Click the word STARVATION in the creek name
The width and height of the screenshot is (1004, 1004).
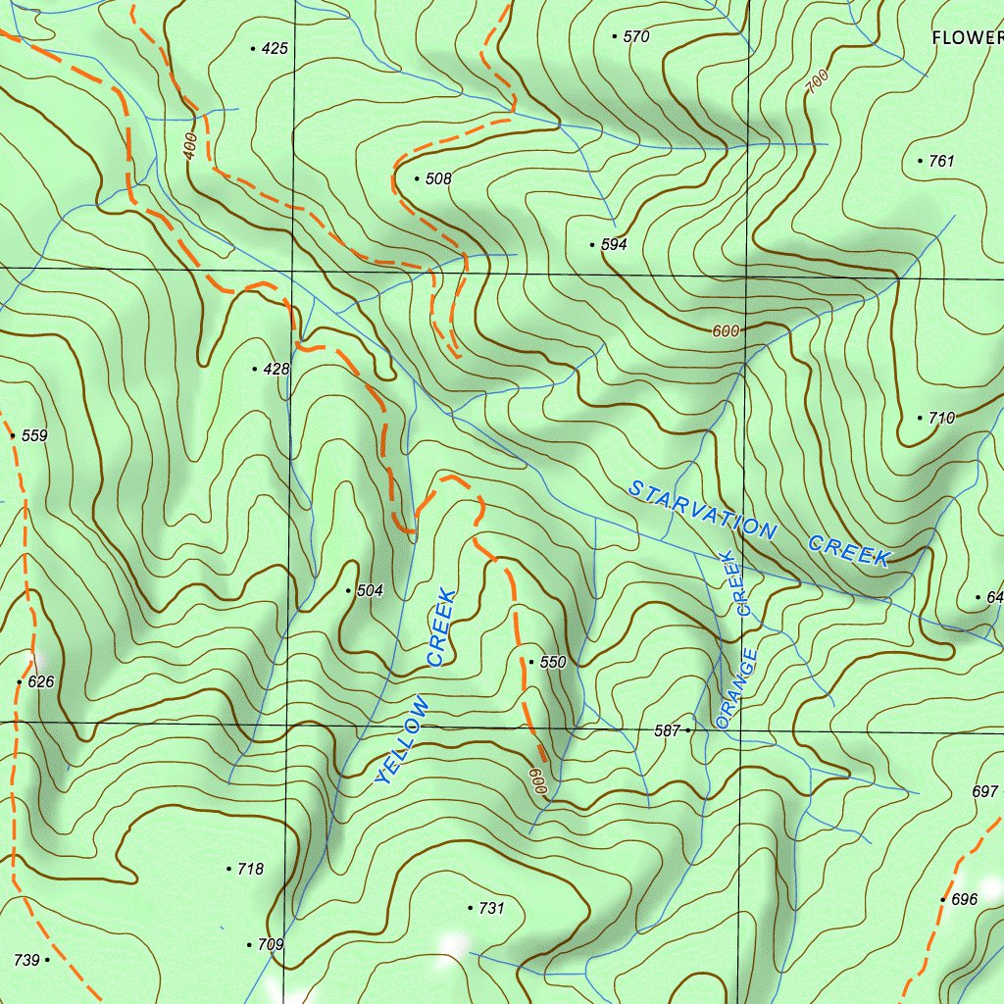(x=702, y=509)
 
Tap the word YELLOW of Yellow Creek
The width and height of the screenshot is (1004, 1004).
(x=403, y=740)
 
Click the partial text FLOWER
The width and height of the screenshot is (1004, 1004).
(x=966, y=38)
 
